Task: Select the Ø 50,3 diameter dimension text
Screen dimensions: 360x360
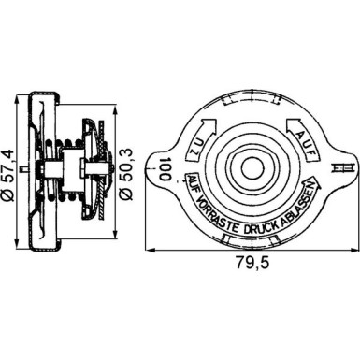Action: (x=128, y=173)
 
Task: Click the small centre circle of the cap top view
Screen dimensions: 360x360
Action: (x=252, y=167)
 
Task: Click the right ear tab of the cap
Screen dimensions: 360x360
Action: (x=342, y=168)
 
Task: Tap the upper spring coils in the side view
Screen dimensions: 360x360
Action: (x=71, y=142)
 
